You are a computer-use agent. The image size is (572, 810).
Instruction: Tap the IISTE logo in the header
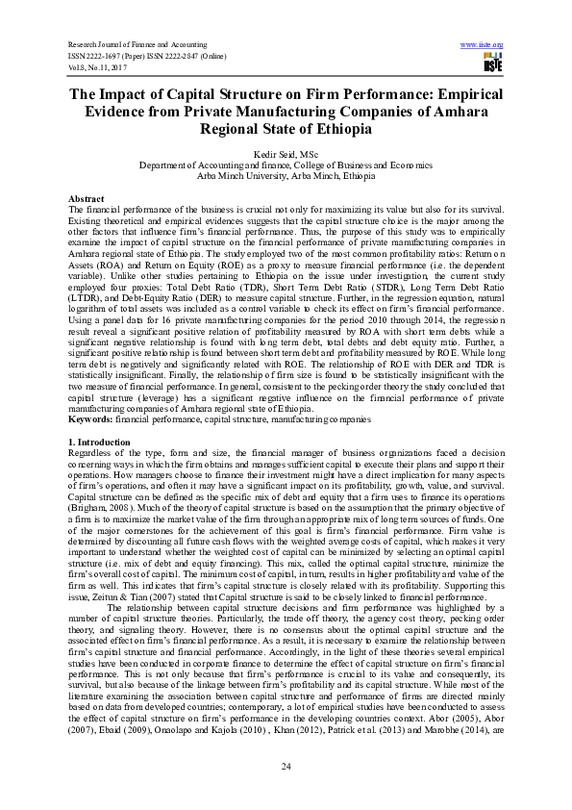click(492, 63)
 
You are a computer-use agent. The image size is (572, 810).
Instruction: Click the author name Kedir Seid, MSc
click(286, 155)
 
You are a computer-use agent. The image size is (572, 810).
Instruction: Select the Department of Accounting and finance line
click(286, 165)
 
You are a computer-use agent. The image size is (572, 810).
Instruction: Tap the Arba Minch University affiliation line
click(286, 176)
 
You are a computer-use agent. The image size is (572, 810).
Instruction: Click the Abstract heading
click(87, 197)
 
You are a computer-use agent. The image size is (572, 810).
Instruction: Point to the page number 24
click(286, 765)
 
